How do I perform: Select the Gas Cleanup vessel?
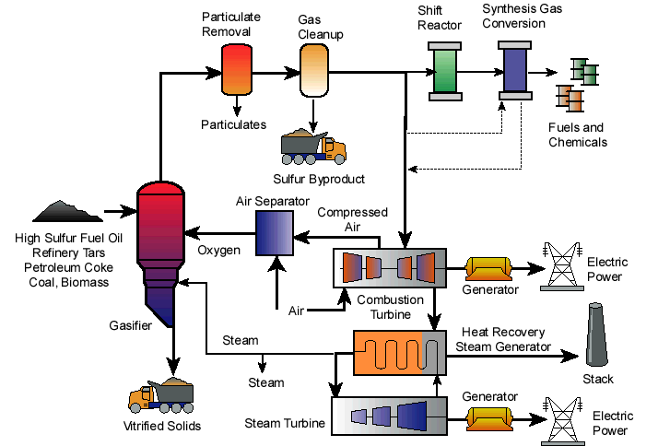314,72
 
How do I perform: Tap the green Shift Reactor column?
446,70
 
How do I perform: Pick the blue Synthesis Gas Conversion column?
512,70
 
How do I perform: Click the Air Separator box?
274,232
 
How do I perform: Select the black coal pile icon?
70,211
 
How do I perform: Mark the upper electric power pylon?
560,267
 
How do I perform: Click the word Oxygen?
218,251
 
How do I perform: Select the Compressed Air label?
352,219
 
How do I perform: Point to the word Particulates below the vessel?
234,124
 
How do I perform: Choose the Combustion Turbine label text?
390,306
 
